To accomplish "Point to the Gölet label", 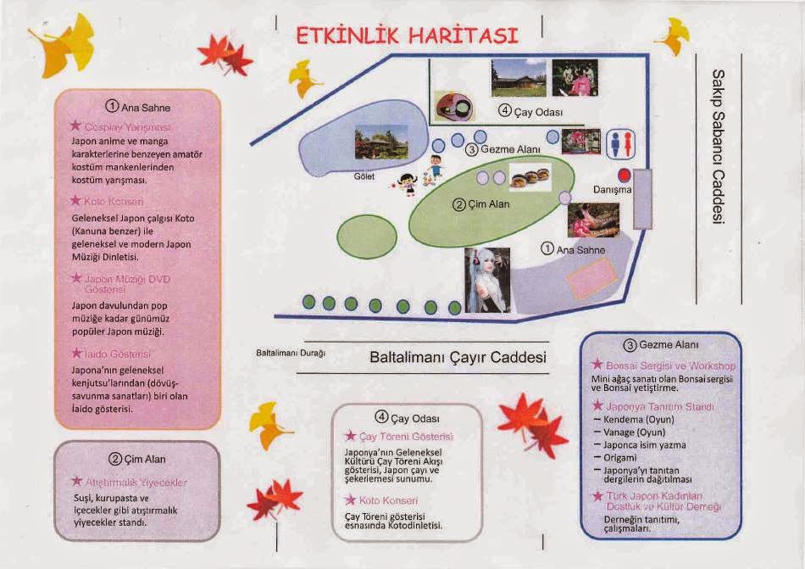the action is pyautogui.click(x=364, y=177).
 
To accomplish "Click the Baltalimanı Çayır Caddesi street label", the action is pyautogui.click(x=458, y=358).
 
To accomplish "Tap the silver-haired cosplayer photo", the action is pyautogui.click(x=487, y=280).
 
